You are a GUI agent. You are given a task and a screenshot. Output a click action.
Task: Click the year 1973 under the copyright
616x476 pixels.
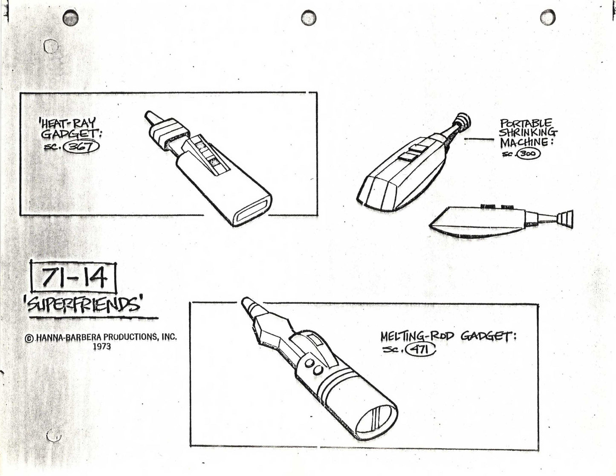[x=101, y=346]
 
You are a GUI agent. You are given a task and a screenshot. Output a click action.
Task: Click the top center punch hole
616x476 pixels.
[x=308, y=17]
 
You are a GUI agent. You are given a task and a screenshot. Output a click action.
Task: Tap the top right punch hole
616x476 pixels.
[x=547, y=17]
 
